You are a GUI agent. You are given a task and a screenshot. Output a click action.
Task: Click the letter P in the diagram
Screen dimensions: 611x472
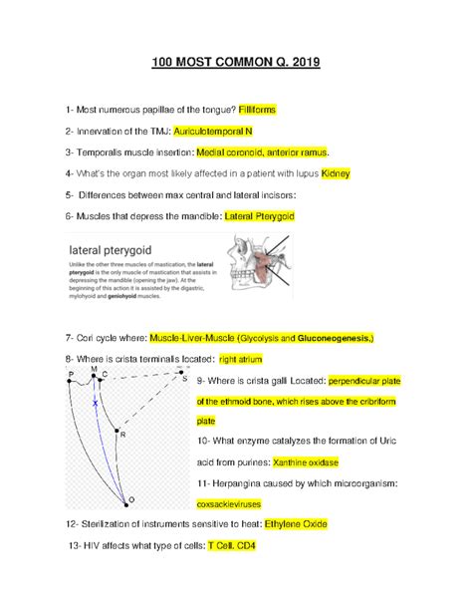[x=72, y=375]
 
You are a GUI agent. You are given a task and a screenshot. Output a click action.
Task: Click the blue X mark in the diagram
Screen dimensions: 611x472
[x=96, y=403]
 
